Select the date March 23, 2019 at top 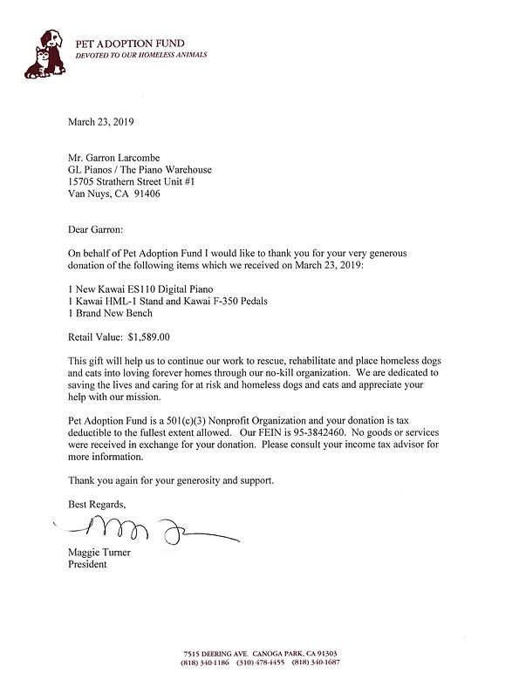[x=102, y=122]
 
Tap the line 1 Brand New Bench [x=110, y=313]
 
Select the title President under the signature [x=87, y=564]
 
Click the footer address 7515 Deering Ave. [x=217, y=653]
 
